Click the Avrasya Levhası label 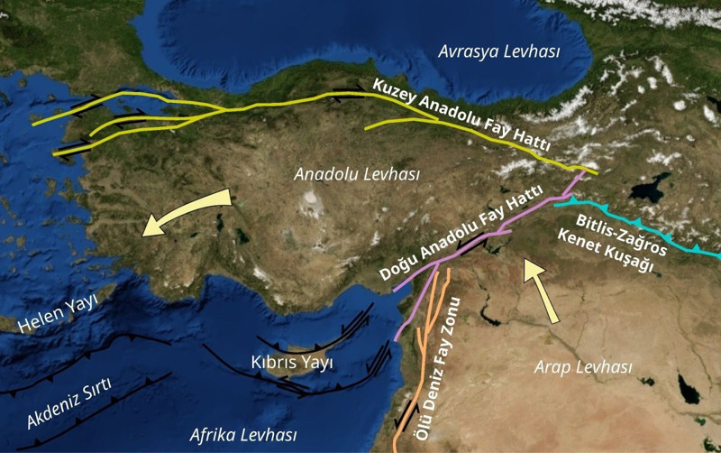pyautogui.click(x=498, y=52)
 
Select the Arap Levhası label pyautogui.click(x=583, y=367)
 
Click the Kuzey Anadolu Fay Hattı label pyautogui.click(x=461, y=116)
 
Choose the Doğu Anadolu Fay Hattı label pyautogui.click(x=461, y=232)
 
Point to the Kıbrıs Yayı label pyautogui.click(x=292, y=362)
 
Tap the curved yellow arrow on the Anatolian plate pyautogui.click(x=186, y=211)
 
